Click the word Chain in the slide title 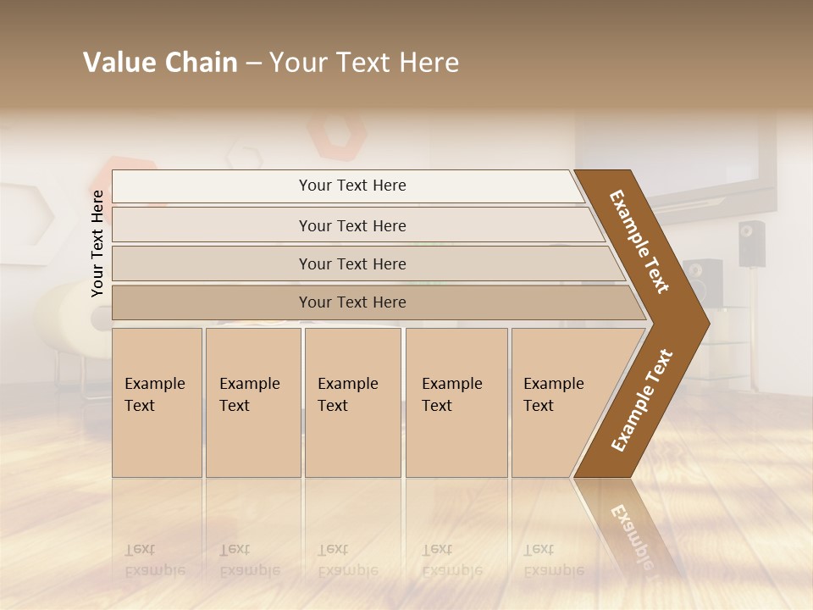coord(202,63)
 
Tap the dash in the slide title coord(253,64)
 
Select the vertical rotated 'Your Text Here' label coord(97,243)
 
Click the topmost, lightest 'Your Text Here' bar coord(352,186)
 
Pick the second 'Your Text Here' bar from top coord(352,225)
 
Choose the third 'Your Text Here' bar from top coord(352,263)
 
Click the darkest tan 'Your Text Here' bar coord(352,302)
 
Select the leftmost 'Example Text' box coord(157,402)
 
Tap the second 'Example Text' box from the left coord(252,402)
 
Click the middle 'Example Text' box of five coord(352,402)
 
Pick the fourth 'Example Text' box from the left coord(456,402)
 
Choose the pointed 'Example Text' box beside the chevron coord(559,402)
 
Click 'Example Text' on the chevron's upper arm coord(639,241)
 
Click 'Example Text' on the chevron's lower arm coord(641,400)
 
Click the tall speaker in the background coord(750,244)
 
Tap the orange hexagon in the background coord(336,133)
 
